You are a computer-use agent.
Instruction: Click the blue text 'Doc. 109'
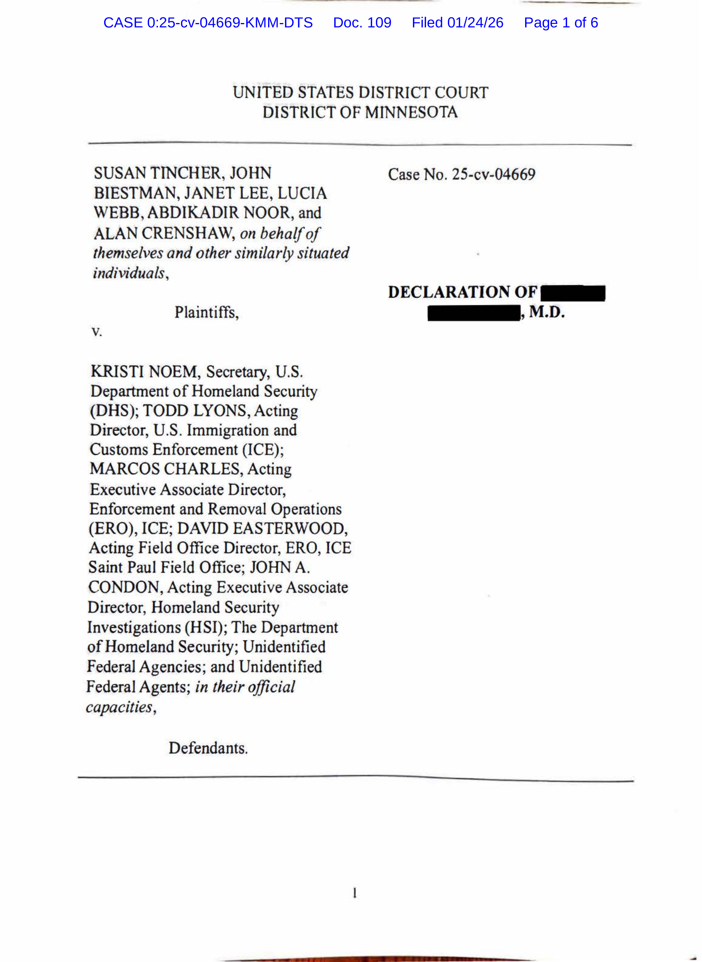click(x=362, y=22)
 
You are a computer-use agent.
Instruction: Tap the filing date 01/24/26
click(x=475, y=22)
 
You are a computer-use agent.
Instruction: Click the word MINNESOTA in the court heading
click(x=411, y=112)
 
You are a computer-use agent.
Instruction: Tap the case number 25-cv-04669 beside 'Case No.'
click(x=493, y=175)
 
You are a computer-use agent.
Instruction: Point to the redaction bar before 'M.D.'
click(x=473, y=314)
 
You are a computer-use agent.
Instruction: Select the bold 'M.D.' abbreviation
click(x=547, y=312)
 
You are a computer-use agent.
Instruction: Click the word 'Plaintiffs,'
click(x=207, y=313)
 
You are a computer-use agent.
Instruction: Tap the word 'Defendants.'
click(x=208, y=748)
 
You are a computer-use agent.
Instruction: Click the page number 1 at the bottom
click(x=354, y=893)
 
